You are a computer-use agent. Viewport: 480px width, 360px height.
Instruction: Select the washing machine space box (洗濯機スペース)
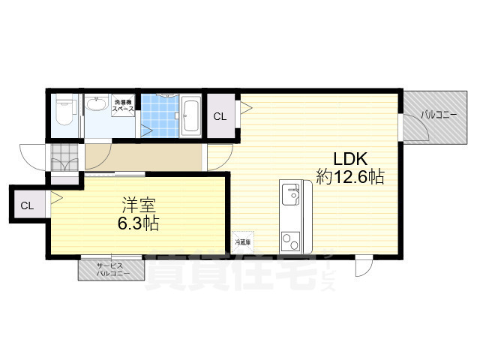coord(124,106)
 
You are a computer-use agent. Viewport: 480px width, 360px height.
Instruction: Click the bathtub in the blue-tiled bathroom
coord(190,116)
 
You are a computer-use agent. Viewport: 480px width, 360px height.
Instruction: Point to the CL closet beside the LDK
coord(220,116)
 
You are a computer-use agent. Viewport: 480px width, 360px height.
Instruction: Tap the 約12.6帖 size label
coord(349,178)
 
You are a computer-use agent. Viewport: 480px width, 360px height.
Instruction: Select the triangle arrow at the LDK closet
coord(245,108)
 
